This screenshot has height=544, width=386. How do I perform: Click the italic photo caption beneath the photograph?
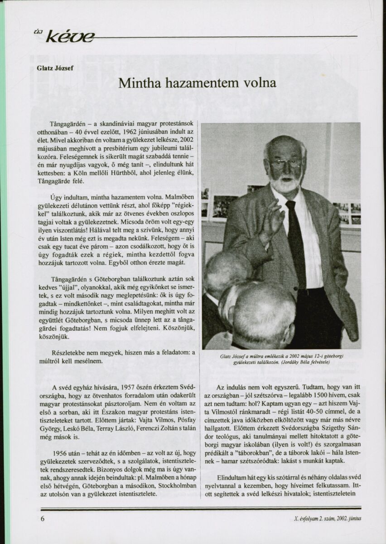(281, 359)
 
